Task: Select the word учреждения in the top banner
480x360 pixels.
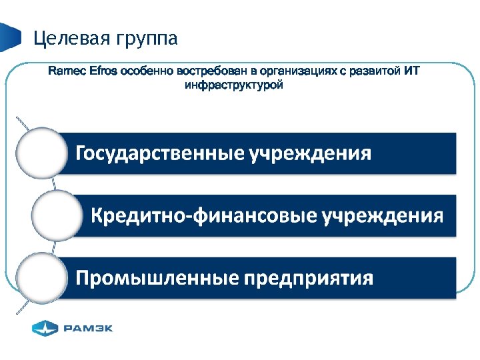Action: point(309,154)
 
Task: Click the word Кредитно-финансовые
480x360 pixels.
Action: point(203,215)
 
